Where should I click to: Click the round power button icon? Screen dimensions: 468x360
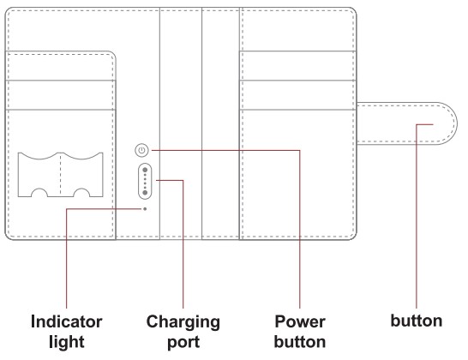pos(141,150)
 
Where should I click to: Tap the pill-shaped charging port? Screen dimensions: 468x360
pos(145,181)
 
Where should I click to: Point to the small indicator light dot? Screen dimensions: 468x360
pos(145,209)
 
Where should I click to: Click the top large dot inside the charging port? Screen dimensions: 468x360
pos(145,171)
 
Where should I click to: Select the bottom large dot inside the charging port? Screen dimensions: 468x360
pos(145,193)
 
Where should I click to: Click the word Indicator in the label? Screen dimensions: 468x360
pos(67,321)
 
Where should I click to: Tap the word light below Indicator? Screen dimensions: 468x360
pos(67,342)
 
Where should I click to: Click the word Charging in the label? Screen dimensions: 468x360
pos(183,322)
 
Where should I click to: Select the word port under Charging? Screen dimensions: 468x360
pos(183,343)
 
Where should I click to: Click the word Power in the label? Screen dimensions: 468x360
pos(300,321)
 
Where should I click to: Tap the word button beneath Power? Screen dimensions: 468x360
pos(300,341)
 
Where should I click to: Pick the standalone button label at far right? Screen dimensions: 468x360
pos(417,321)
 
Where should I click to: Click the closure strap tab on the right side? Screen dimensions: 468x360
pos(407,123)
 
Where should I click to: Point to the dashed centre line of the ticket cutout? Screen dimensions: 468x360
pos(61,175)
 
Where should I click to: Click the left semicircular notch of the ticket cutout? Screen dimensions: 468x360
pos(39,189)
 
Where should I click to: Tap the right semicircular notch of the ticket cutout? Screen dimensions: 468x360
pos(81,189)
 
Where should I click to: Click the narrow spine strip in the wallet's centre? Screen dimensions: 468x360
pos(181,123)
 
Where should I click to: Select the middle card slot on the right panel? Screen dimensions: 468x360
pos(298,95)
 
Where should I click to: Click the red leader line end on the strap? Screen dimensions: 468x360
pos(433,124)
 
